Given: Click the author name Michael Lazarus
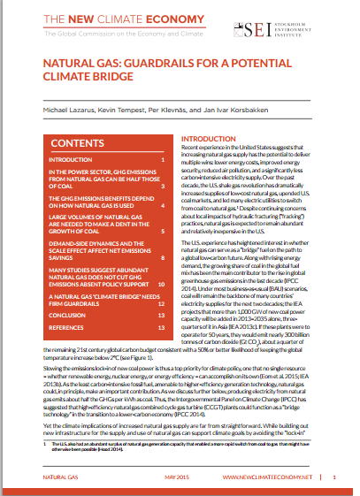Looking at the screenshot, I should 51,111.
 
